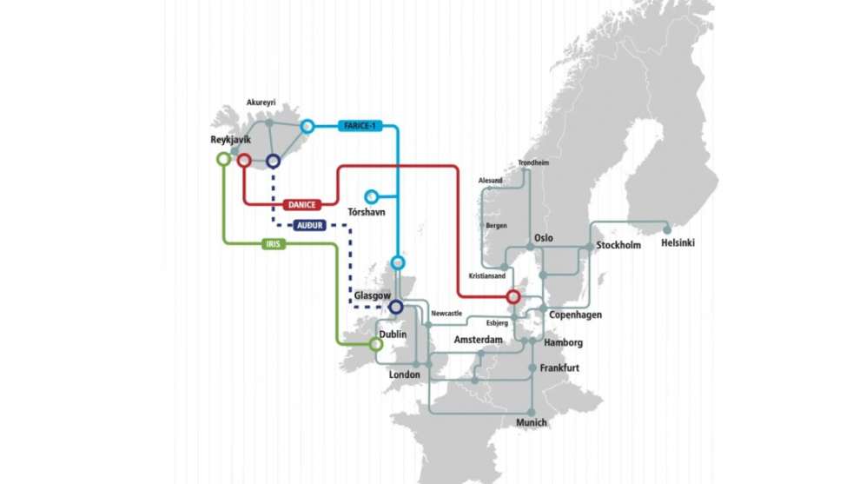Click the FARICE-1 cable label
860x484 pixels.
(359, 126)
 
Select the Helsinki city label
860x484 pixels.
(678, 242)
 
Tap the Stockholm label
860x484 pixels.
(619, 245)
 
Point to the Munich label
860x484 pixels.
(532, 422)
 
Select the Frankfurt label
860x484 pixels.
(559, 368)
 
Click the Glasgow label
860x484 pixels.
(373, 295)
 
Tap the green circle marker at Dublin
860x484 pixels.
(376, 344)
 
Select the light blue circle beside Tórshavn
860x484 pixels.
(372, 196)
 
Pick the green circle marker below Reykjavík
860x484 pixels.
(223, 159)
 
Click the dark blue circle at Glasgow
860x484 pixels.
(396, 307)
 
